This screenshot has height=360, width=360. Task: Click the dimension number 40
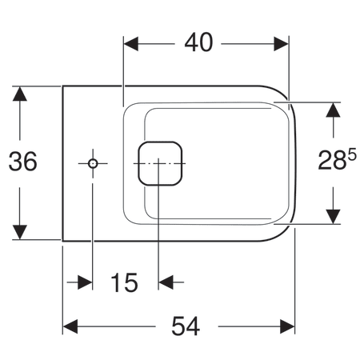(x=198, y=42)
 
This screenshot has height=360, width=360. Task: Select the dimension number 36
(x=23, y=162)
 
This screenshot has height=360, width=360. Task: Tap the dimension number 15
(x=124, y=282)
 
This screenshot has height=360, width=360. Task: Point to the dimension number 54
(x=186, y=326)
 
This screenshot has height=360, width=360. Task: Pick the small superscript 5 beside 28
(x=352, y=154)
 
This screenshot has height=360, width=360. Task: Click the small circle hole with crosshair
(x=93, y=163)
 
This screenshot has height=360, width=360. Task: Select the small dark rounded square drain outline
(x=160, y=163)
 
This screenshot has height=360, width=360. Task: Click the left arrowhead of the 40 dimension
(x=131, y=44)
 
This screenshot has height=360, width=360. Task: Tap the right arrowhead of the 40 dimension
(x=282, y=44)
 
